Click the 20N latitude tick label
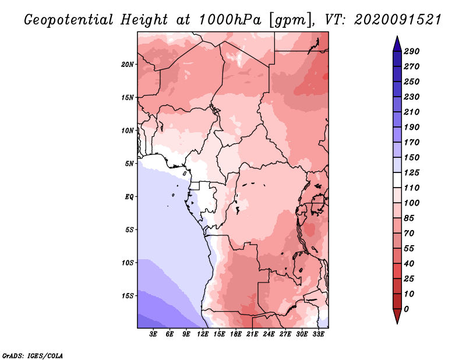[127, 65]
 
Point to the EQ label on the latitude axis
[129, 197]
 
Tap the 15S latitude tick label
[128, 296]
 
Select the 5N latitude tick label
[129, 164]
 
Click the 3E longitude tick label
[153, 334]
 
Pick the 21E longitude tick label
[252, 334]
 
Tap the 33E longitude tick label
[318, 334]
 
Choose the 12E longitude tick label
[203, 334]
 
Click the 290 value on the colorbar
[411, 51]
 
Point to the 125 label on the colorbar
[411, 172]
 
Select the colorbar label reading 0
[406, 309]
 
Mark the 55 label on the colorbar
[409, 249]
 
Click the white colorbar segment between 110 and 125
[397, 180]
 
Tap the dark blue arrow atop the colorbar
[397, 44]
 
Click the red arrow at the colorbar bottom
[397, 316]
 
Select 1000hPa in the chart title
[230, 20]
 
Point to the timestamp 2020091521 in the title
[398, 20]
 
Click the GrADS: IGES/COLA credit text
[33, 356]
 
